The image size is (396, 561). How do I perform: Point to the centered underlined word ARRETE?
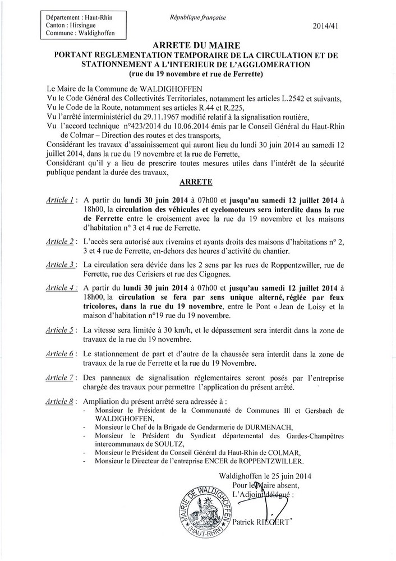pos(198,183)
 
